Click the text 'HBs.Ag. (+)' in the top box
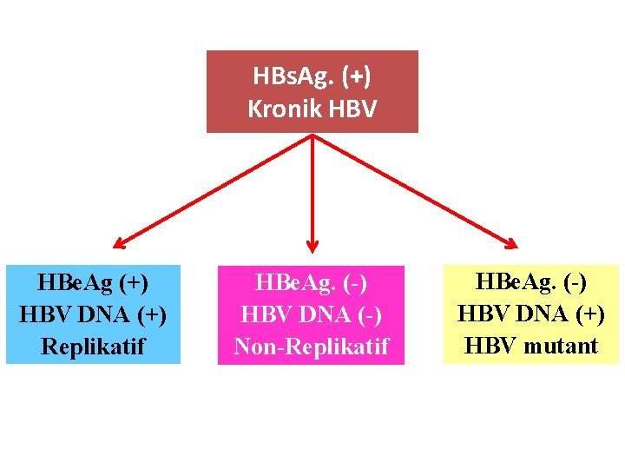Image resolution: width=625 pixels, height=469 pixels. pyautogui.click(x=312, y=76)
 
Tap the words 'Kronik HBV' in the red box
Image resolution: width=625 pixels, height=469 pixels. pyautogui.click(x=312, y=109)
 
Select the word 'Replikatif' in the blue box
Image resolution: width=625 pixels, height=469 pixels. pyautogui.click(x=93, y=346)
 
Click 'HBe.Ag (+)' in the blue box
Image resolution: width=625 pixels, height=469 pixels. pyautogui.click(x=93, y=283)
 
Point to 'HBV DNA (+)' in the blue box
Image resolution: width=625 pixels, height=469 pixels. pyautogui.click(x=93, y=314)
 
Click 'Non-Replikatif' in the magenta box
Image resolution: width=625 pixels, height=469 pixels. pyautogui.click(x=312, y=347)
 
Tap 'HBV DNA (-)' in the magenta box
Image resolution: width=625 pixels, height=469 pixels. pyautogui.click(x=312, y=315)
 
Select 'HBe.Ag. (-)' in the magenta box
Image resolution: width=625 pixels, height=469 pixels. pyautogui.click(x=312, y=284)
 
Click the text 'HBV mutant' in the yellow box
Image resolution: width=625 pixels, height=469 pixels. pyautogui.click(x=531, y=346)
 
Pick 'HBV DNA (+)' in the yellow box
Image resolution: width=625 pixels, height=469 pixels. pyautogui.click(x=531, y=314)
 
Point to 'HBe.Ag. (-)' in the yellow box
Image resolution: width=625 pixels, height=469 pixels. pyautogui.click(x=531, y=283)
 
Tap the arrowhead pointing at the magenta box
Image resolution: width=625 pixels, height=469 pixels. pyautogui.click(x=312, y=246)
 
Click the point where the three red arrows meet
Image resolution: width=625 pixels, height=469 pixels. pyautogui.click(x=312, y=135)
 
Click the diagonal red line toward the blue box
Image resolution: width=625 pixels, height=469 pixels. pyautogui.click(x=217, y=188)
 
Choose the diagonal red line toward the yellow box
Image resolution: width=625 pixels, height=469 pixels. pyautogui.click(x=412, y=189)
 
